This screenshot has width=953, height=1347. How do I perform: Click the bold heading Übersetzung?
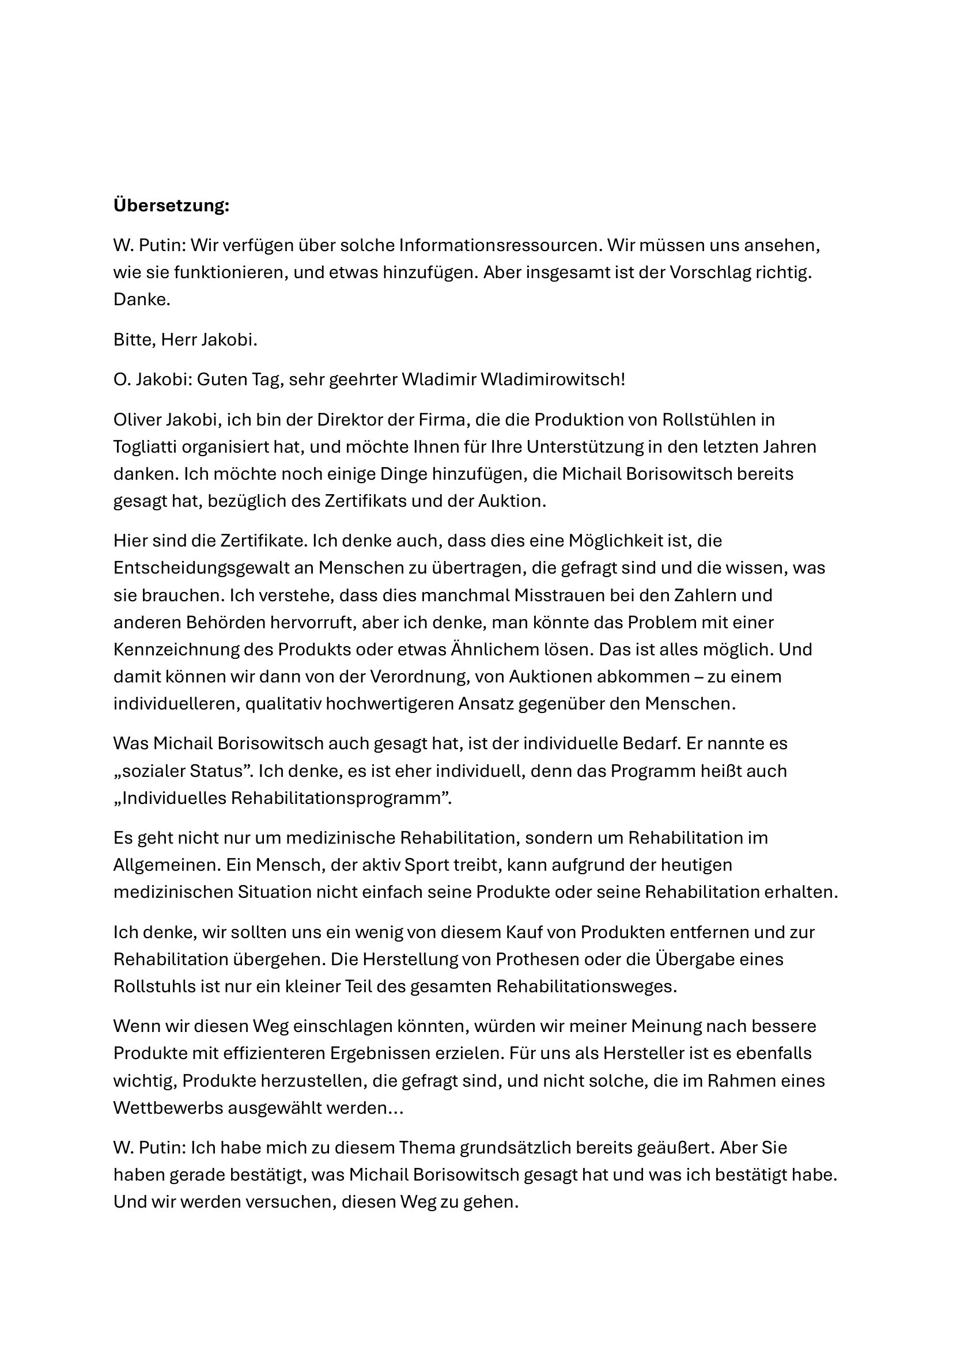tap(171, 206)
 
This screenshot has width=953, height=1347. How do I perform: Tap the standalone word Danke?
tap(141, 300)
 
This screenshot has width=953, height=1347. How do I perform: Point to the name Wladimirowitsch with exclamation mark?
tap(553, 380)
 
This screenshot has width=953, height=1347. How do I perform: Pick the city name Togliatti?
tap(145, 447)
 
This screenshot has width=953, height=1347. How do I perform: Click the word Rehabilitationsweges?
tap(586, 986)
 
